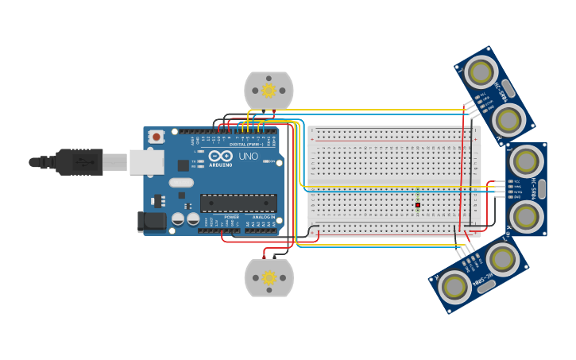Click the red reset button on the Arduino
[157, 137]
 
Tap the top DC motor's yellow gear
[269, 91]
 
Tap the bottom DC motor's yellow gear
[269, 277]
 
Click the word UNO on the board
[248, 157]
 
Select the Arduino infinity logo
[221, 155]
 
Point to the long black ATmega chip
[238, 203]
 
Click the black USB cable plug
[79, 162]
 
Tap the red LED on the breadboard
[417, 205]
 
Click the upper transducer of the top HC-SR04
[480, 72]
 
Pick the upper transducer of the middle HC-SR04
[525, 161]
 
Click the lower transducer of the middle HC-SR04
[525, 215]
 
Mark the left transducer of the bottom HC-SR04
[454, 287]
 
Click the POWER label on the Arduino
[231, 217]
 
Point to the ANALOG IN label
[263, 217]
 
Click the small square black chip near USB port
[184, 165]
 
